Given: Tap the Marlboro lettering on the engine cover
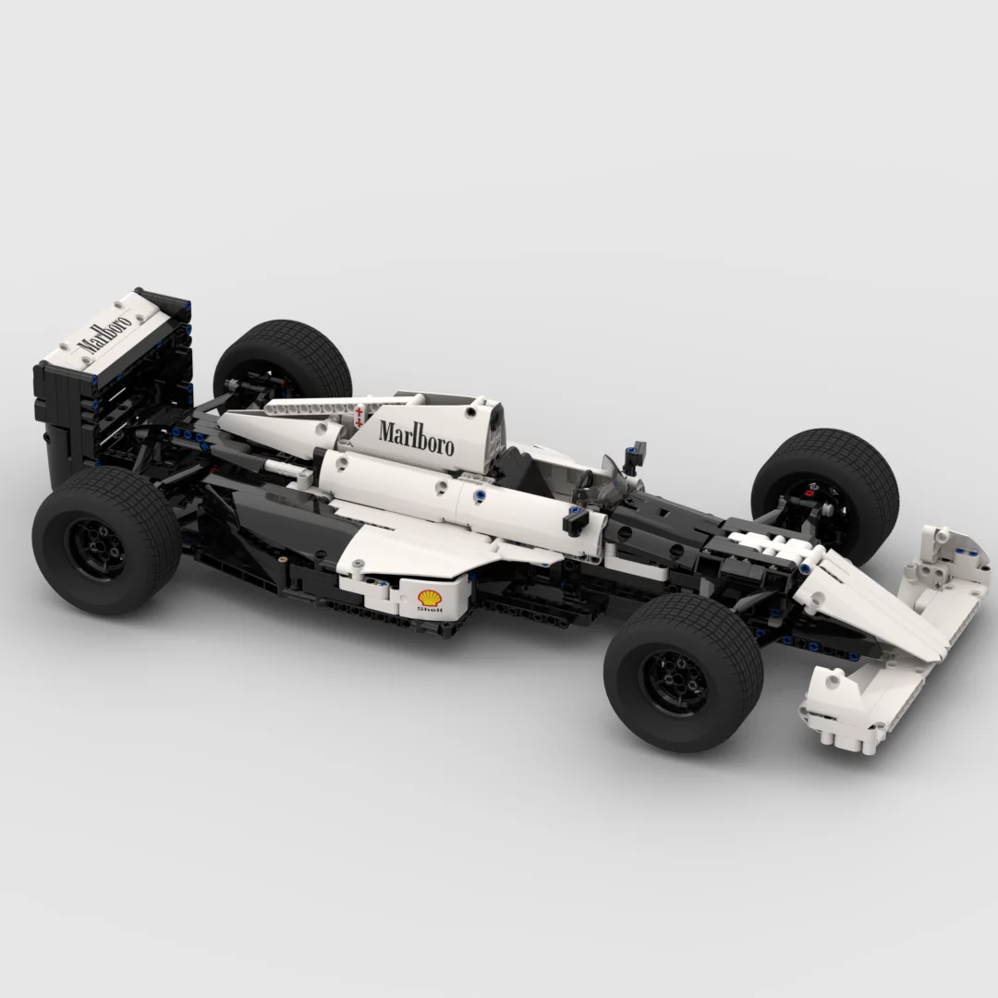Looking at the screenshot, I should (417, 437).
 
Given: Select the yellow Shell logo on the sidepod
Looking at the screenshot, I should (431, 597).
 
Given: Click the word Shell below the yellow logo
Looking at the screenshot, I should (431, 610).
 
